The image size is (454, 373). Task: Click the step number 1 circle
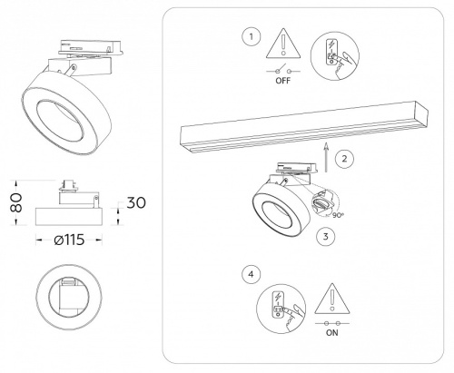[251, 37]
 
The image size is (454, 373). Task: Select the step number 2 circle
[344, 159]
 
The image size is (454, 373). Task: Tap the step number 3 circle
[325, 237]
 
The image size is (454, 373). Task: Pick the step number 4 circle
[251, 274]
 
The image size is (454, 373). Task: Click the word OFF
[282, 81]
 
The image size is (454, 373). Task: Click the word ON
[332, 333]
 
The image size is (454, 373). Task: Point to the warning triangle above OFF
[283, 44]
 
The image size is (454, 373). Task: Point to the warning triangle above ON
[332, 299]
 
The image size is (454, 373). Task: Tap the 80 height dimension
[17, 202]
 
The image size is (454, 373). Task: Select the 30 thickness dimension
[136, 202]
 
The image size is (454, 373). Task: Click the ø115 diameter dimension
[69, 240]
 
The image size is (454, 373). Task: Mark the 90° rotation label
[338, 215]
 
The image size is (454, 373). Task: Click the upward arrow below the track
[326, 157]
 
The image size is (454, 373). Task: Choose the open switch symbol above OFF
[283, 70]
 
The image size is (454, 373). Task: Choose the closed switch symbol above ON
[332, 323]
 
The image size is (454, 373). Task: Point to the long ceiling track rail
[304, 127]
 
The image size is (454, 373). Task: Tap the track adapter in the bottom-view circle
[69, 296]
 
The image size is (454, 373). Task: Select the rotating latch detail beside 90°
[323, 203]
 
